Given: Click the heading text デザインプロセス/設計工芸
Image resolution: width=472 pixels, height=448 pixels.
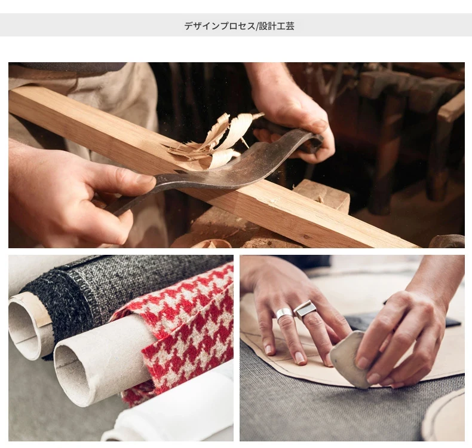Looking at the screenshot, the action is coord(240,26).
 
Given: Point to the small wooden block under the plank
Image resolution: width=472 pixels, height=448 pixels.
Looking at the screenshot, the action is coord(322,194).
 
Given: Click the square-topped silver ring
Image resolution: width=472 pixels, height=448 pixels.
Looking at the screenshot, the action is coord(305,309).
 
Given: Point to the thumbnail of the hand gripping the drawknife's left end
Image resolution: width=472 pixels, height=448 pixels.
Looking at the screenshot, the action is coord(145,179).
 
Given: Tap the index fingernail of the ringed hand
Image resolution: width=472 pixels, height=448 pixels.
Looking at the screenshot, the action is coord(268,349).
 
